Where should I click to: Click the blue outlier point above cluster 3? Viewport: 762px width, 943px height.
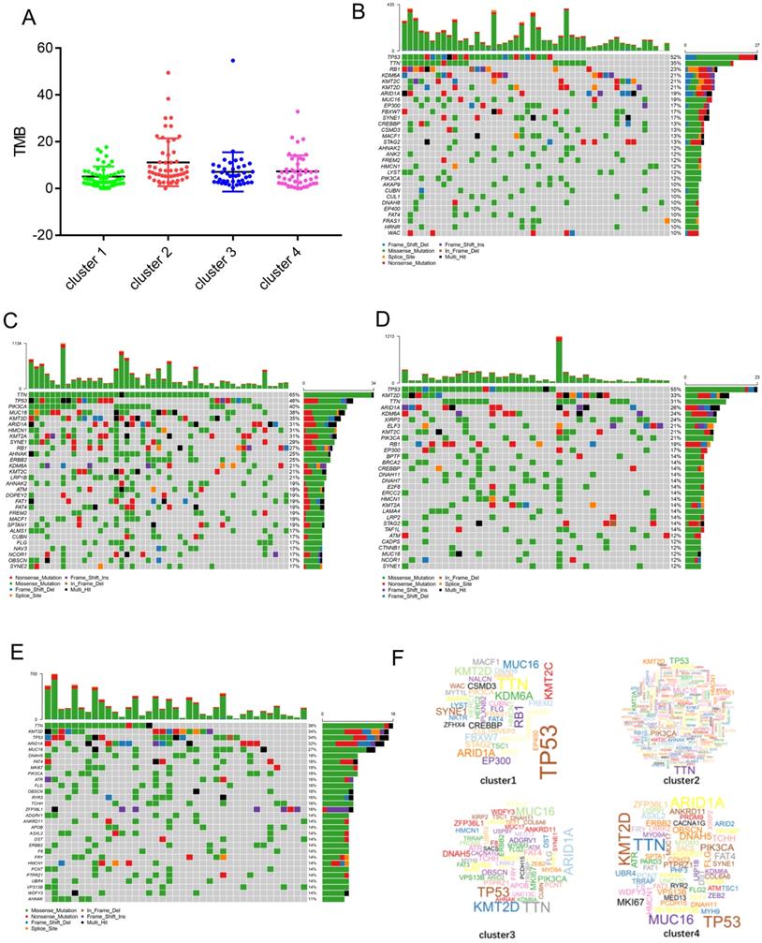click(233, 61)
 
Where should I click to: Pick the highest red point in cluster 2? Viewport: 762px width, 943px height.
click(169, 72)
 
